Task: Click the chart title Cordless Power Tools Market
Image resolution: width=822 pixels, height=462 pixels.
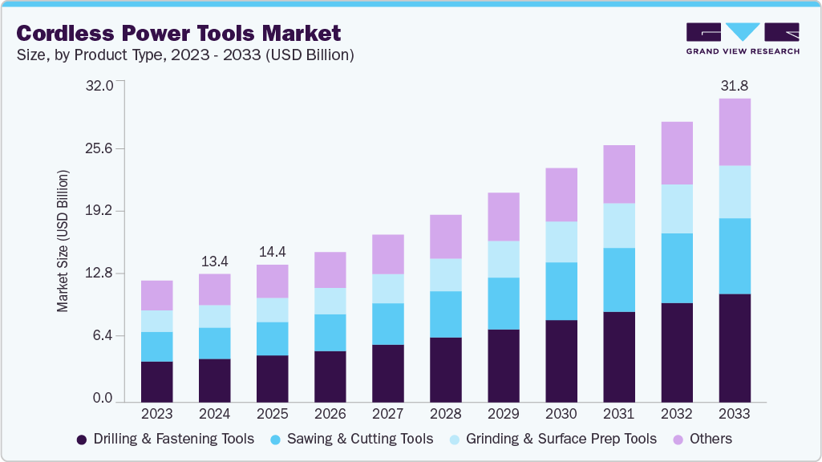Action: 179,33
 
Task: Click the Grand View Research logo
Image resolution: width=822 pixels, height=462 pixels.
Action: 743,38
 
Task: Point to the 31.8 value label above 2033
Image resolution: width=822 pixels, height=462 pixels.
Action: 734,85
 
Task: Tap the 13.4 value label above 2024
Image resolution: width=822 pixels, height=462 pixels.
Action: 215,261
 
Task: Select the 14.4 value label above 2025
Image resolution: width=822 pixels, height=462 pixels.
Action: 273,251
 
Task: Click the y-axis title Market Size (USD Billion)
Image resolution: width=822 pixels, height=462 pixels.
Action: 63,241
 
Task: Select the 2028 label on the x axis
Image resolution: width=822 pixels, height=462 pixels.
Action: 446,414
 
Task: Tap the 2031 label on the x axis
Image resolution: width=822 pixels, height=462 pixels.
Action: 619,414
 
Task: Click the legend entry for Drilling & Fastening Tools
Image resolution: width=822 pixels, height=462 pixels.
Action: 165,439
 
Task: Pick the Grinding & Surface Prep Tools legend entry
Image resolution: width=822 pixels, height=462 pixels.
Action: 552,439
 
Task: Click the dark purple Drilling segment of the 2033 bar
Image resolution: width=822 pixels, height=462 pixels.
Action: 735,347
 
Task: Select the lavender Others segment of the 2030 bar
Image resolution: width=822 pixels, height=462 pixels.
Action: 561,195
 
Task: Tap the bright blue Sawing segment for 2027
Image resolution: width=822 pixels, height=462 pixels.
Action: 388,324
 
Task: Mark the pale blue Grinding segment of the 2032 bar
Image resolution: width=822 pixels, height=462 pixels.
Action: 677,209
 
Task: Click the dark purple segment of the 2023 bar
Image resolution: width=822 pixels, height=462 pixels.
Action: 157,381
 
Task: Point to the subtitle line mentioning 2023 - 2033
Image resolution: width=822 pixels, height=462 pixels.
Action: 185,55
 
